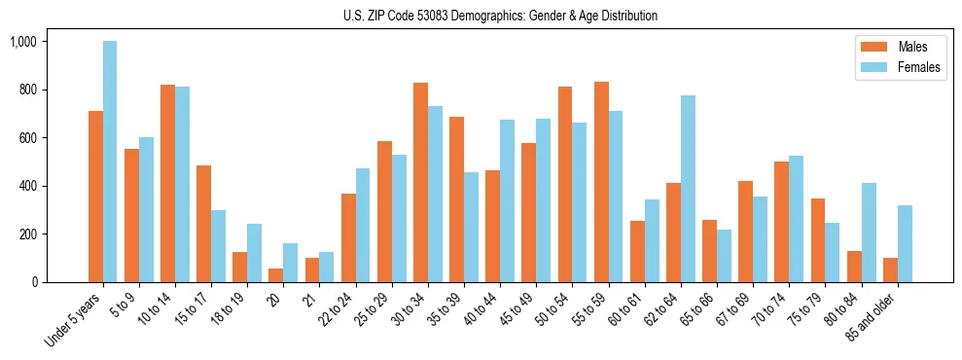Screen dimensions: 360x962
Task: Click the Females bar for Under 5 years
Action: (110, 162)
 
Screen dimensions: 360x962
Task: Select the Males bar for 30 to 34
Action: (420, 183)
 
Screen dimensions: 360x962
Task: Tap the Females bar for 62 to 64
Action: (688, 189)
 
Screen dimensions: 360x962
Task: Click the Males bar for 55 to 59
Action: (601, 182)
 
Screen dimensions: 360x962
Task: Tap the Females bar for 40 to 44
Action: (507, 200)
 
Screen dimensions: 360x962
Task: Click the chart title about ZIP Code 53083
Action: (500, 16)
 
